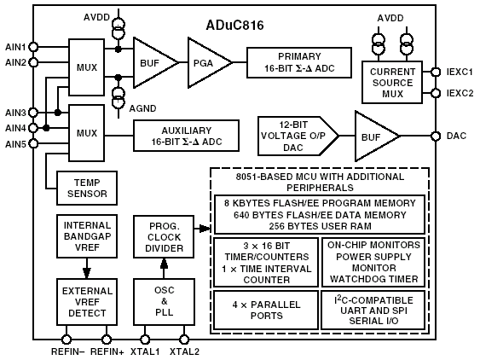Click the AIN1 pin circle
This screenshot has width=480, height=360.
pos(33,47)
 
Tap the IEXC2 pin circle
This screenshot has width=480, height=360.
pos(436,93)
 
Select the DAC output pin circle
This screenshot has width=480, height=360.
pos(436,136)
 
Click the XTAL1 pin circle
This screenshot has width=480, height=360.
pos(145,340)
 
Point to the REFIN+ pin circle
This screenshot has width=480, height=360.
pos(107,340)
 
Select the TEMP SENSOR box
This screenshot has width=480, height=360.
pos(87,188)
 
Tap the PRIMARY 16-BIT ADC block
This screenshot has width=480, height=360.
pos(299,62)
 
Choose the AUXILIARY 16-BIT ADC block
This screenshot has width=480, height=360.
pos(186,136)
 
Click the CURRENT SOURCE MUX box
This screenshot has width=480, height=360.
pos(392,83)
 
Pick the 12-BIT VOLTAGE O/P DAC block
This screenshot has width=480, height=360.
pos(298,136)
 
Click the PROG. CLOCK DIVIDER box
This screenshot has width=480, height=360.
pos(164,236)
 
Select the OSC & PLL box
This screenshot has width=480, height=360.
pos(164,301)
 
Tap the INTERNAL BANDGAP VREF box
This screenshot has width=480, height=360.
pos(87,236)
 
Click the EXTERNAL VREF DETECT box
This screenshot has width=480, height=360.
pos(87,302)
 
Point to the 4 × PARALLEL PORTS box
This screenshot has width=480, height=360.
pos(266,310)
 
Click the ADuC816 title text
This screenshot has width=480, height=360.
pos(234,25)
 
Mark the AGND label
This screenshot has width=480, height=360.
pos(142,108)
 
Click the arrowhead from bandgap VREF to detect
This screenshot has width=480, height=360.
pos(87,273)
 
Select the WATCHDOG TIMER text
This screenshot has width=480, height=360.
pos(373,279)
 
